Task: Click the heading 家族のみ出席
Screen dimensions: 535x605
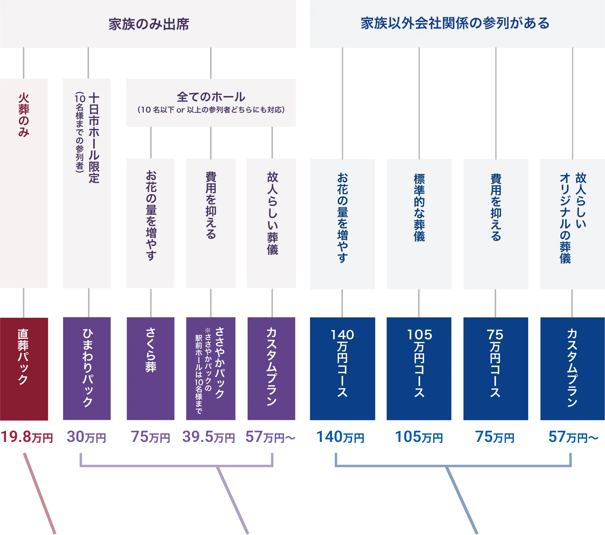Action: coord(149,24)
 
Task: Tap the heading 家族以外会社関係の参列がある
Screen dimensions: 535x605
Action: coord(455,23)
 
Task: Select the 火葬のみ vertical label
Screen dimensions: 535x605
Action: coord(24,115)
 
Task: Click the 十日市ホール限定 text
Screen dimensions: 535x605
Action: coord(94,138)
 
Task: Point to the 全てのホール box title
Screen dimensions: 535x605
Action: coord(211,97)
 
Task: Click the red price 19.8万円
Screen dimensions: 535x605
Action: coord(27,437)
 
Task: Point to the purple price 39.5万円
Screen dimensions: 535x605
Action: coord(208,437)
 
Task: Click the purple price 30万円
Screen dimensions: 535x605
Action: coord(86,437)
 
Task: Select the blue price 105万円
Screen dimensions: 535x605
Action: coord(419,437)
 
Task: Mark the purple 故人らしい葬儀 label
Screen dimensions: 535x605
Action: coord(272,213)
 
